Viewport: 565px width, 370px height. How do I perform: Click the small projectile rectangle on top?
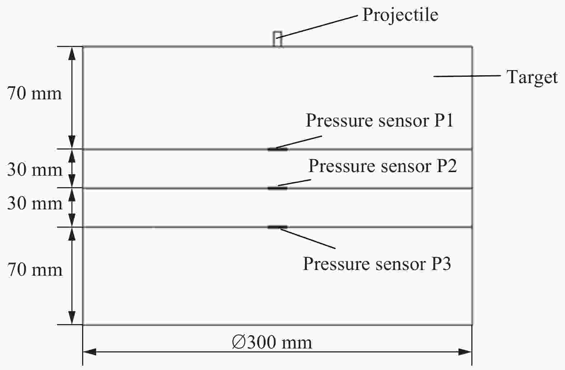click(x=277, y=39)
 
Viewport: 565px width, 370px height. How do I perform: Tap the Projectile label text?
click(x=400, y=15)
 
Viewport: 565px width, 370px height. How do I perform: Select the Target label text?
click(x=532, y=77)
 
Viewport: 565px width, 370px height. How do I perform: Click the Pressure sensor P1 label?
click(x=380, y=120)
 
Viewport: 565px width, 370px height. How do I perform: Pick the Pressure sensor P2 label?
click(x=383, y=166)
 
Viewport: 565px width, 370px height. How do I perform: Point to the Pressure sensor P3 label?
click(x=377, y=264)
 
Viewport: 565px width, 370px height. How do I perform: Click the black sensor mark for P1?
click(x=277, y=150)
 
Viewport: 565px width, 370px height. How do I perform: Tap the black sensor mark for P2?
click(x=277, y=188)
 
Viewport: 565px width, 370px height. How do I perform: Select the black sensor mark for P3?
click(x=277, y=227)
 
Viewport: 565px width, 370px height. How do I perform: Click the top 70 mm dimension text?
click(x=34, y=94)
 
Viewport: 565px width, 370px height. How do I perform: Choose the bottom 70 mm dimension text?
click(x=34, y=270)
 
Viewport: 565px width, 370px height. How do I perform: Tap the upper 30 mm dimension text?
click(x=35, y=170)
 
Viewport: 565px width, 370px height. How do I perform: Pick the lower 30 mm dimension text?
click(x=35, y=203)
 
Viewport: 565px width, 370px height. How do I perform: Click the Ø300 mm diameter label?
click(x=272, y=342)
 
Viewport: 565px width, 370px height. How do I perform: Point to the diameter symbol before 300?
click(x=239, y=342)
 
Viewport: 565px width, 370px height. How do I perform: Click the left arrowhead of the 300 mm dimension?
click(x=90, y=352)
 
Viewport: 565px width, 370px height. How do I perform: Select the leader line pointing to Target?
click(x=467, y=76)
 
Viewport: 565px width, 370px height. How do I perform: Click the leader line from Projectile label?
click(x=317, y=27)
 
